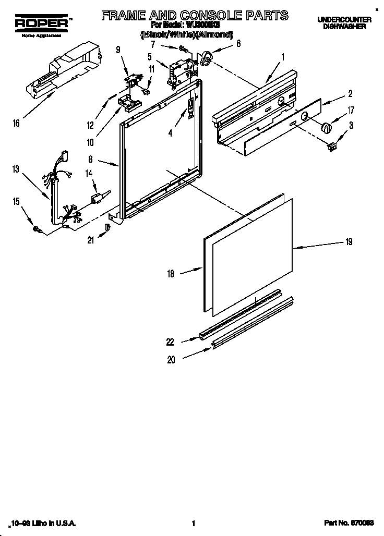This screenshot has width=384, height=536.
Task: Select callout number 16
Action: [17, 123]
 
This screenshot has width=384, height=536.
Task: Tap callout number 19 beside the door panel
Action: [349, 241]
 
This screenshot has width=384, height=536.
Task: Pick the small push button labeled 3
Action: [331, 148]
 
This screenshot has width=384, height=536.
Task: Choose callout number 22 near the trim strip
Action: [170, 342]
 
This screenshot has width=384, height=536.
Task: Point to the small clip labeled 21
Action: [108, 227]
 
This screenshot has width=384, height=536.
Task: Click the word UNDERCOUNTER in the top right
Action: [344, 19]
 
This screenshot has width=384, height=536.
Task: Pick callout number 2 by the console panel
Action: [350, 94]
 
